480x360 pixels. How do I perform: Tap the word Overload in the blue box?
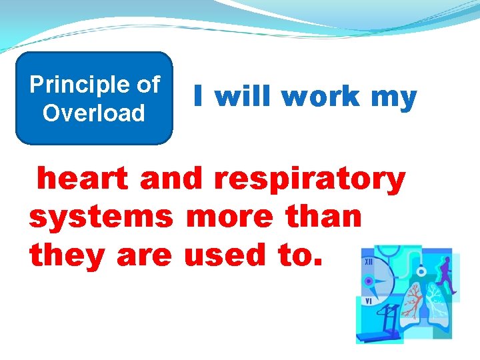(x=93, y=113)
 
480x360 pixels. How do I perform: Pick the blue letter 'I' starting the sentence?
(x=198, y=97)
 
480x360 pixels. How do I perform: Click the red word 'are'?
(x=143, y=255)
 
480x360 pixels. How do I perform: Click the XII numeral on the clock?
(x=368, y=263)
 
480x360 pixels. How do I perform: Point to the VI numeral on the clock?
(x=368, y=301)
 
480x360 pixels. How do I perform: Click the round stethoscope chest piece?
(x=421, y=271)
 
